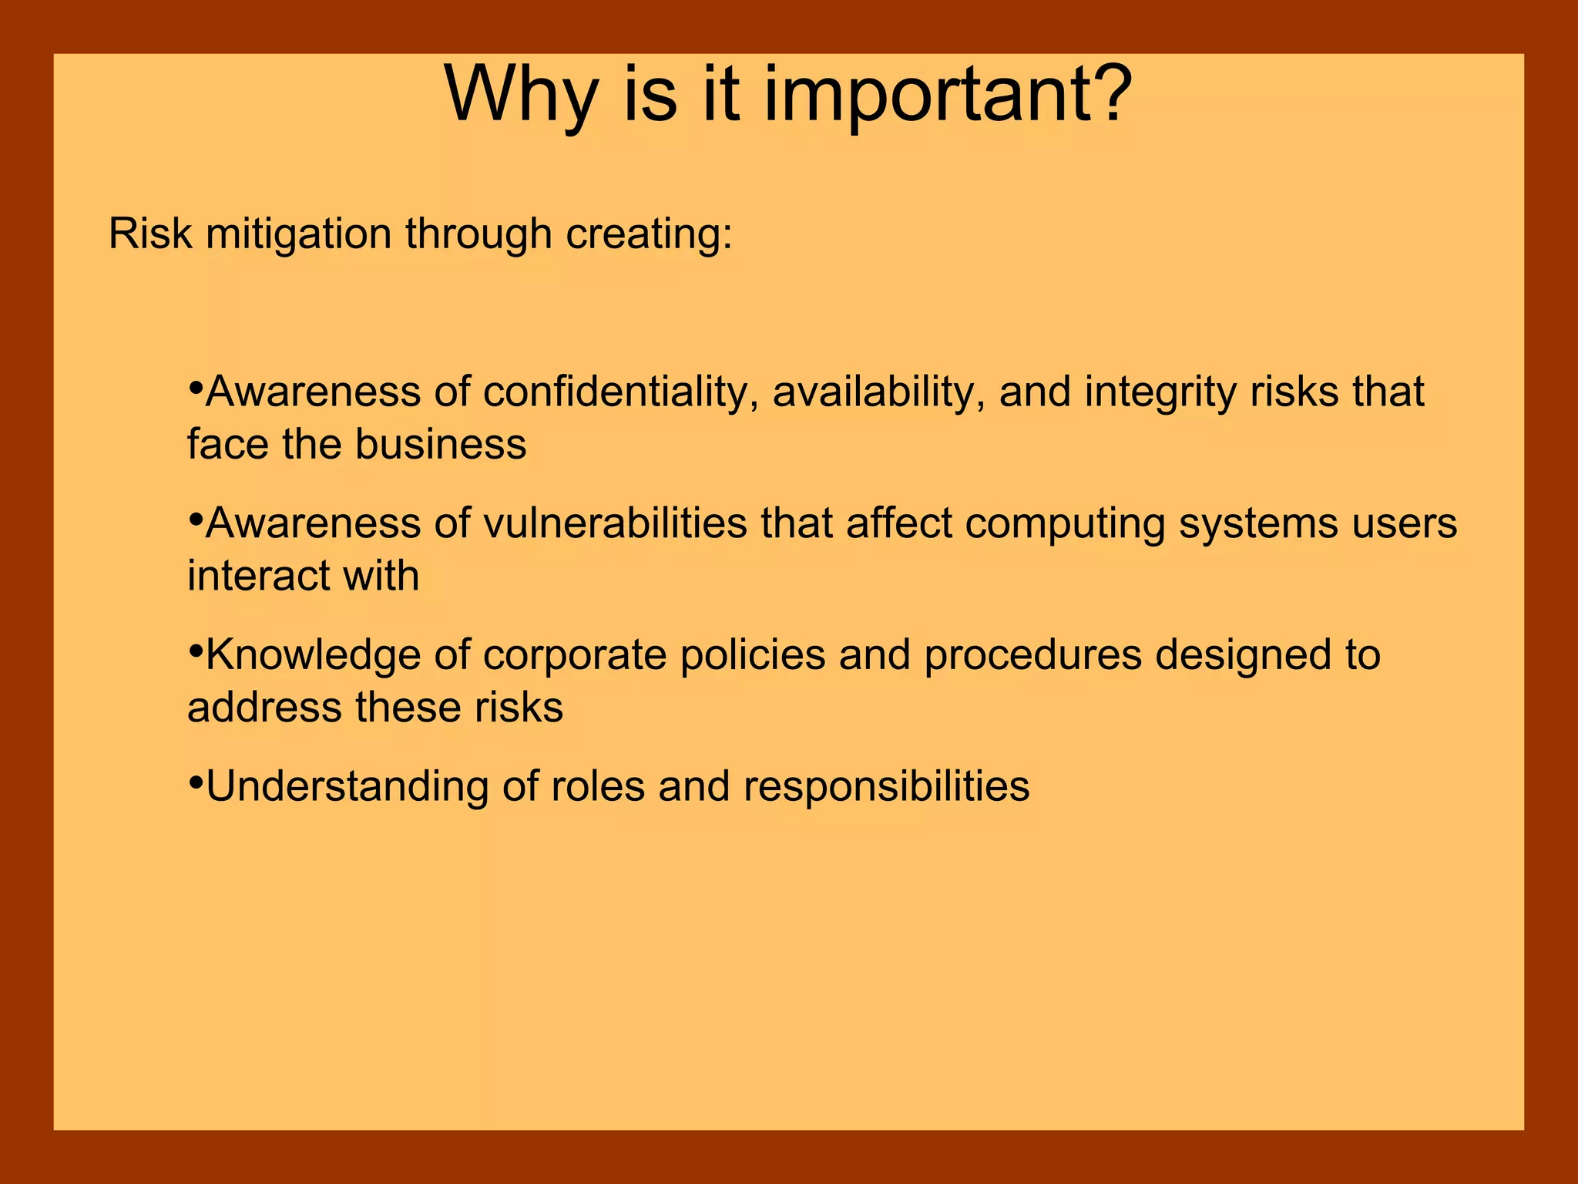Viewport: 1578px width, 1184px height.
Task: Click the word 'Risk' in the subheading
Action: click(149, 234)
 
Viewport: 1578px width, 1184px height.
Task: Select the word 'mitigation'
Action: click(298, 235)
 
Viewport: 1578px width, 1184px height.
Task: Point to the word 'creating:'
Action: click(649, 235)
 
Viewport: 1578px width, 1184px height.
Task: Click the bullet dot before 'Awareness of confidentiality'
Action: click(195, 384)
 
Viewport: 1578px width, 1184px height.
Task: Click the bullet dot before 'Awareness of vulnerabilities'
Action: click(195, 516)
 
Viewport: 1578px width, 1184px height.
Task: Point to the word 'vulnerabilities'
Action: click(615, 523)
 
